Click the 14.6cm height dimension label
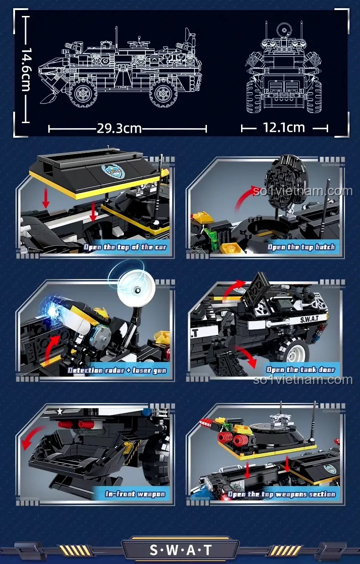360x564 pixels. coord(26,69)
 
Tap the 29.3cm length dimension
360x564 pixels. coord(119,129)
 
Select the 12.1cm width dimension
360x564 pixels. coord(284,128)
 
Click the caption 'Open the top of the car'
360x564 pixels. coord(125,247)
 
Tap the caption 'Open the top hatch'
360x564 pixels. coord(301,247)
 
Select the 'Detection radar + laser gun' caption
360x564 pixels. coord(117,370)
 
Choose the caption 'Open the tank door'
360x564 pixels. coord(301,370)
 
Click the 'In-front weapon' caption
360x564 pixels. coord(135,494)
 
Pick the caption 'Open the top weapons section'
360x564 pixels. coord(282,494)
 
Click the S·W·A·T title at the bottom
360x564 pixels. coord(180,550)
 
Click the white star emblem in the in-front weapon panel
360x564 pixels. coord(60,411)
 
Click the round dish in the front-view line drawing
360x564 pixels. coord(284,31)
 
